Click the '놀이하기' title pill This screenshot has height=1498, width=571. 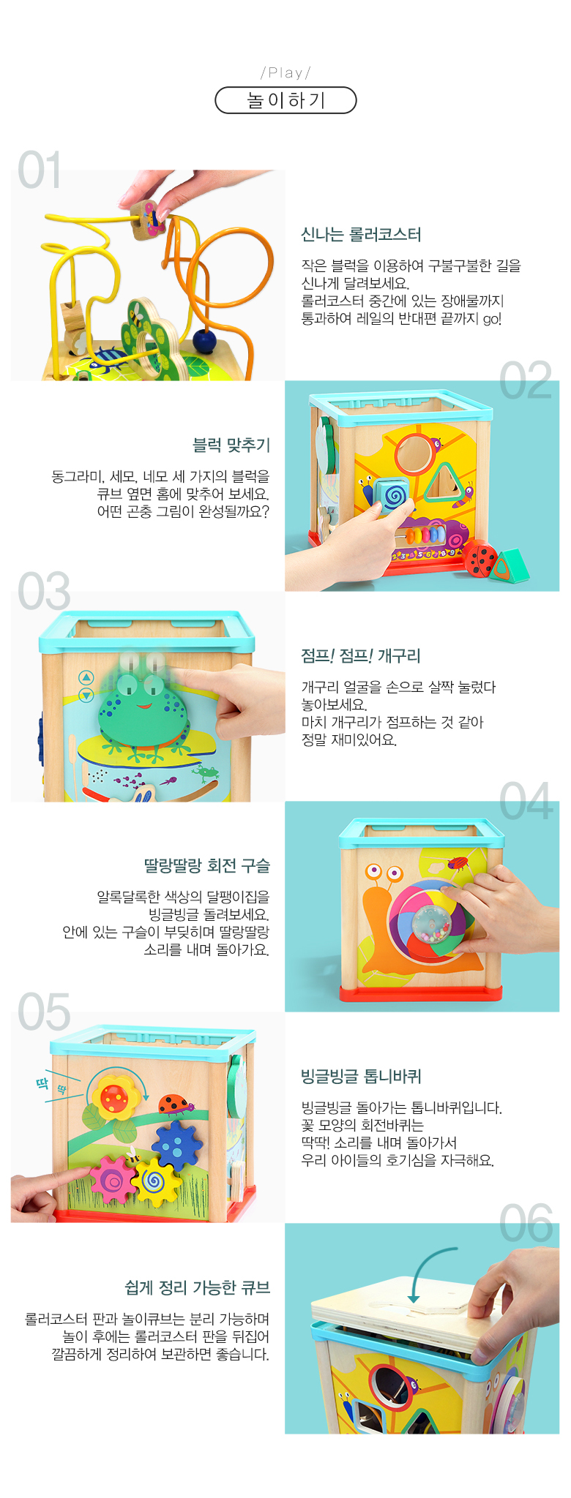(285, 100)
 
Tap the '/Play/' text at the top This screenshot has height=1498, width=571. (285, 72)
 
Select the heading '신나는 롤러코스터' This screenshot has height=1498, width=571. (361, 235)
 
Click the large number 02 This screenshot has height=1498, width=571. (526, 381)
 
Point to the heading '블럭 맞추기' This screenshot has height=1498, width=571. (231, 445)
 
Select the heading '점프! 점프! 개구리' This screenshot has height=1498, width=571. (360, 656)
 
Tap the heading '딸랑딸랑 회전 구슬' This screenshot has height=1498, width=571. (207, 866)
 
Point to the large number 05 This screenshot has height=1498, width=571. (44, 1012)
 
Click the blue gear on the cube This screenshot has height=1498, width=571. (176, 1147)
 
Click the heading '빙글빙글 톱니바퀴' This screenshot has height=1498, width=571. (361, 1077)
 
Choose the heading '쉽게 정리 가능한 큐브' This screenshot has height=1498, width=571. (198, 1287)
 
